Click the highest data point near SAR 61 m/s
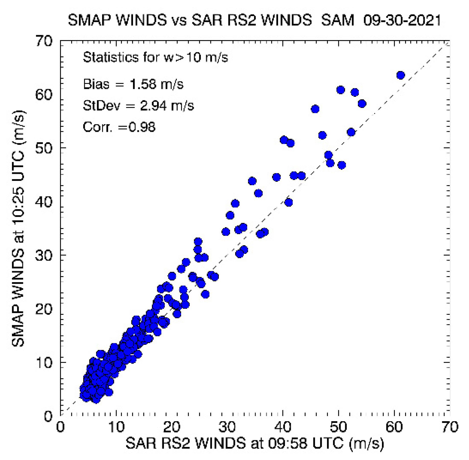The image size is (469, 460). coord(400,75)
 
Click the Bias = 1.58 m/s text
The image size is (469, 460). coord(133,84)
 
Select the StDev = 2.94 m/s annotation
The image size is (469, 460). coord(138,105)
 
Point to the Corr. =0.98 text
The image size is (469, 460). coord(119,127)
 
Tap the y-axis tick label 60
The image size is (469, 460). coord(44,95)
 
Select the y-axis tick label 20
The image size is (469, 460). coord(44,309)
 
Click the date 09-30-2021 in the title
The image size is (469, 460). coord(402,20)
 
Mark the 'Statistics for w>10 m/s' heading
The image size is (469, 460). coord(155,57)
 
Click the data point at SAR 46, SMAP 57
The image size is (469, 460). coord(315,109)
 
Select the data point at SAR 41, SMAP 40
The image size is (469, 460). coord(288,203)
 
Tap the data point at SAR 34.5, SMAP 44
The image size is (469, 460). coord(252,181)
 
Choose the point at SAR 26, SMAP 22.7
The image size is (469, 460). coord(205,294)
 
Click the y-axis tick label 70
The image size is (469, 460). coord(44,41)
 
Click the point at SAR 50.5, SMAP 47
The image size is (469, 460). coord(342,165)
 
